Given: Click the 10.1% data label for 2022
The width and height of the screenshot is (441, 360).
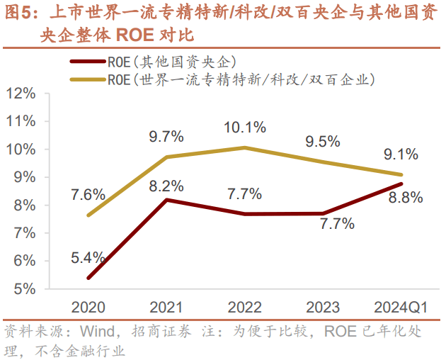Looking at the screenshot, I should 245,128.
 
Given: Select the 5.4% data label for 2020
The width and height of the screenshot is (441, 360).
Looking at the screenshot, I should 88,257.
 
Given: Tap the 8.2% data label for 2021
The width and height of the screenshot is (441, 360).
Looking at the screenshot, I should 166,186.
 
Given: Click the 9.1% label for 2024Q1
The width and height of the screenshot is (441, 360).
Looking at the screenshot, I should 401,154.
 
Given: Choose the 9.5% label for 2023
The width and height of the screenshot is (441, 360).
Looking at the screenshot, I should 323,141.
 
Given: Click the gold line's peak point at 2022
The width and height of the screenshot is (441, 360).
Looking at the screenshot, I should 245,147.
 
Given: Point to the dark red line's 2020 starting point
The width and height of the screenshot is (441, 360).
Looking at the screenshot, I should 88,278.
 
